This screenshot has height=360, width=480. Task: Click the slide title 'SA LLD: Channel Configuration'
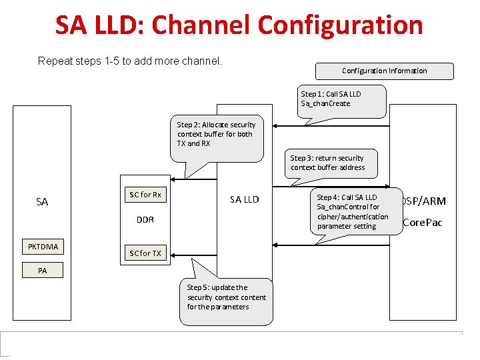click(x=239, y=25)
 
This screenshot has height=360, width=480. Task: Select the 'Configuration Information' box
click(x=384, y=71)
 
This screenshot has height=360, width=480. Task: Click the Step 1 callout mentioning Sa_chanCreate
click(x=340, y=99)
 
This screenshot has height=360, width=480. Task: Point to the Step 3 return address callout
click(x=331, y=163)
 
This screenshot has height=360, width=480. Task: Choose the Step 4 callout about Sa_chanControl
click(x=352, y=211)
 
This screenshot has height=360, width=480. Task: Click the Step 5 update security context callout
click(x=226, y=298)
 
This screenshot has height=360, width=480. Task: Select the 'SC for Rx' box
click(x=145, y=195)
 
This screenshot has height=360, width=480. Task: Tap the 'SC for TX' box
click(x=145, y=253)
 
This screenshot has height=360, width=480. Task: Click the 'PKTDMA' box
click(x=43, y=247)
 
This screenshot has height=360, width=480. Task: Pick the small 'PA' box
click(x=42, y=271)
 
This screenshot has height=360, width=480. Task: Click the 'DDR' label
click(x=145, y=220)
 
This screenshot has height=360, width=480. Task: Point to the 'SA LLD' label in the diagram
click(x=244, y=199)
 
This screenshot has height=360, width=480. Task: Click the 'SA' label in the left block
click(x=42, y=202)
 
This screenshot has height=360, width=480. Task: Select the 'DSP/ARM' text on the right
click(x=425, y=201)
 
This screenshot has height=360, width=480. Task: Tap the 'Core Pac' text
click(x=423, y=223)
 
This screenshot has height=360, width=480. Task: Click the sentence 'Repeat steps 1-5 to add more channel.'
click(x=129, y=61)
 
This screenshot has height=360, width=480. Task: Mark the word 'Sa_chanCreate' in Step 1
click(x=325, y=103)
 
